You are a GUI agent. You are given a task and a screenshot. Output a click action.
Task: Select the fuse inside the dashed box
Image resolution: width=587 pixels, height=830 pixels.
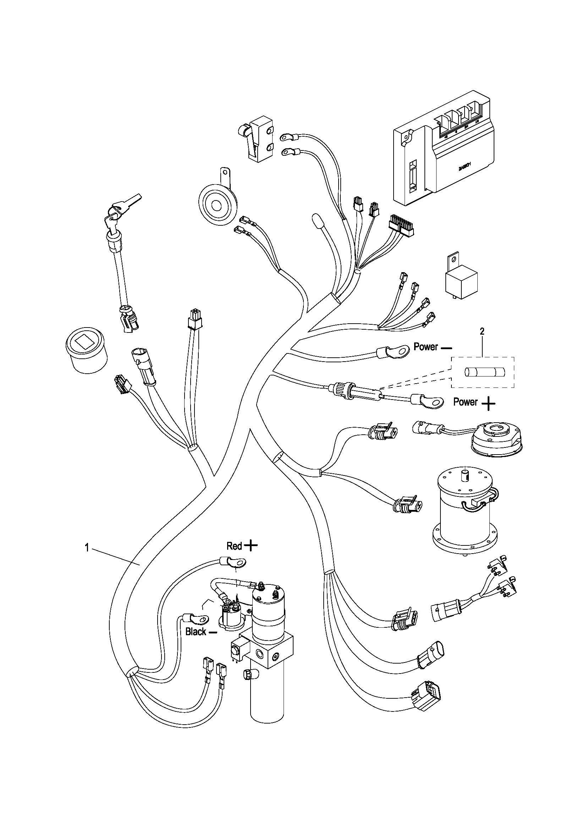point(482,372)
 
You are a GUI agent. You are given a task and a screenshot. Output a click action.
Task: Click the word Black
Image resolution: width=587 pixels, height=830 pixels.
point(196,632)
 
